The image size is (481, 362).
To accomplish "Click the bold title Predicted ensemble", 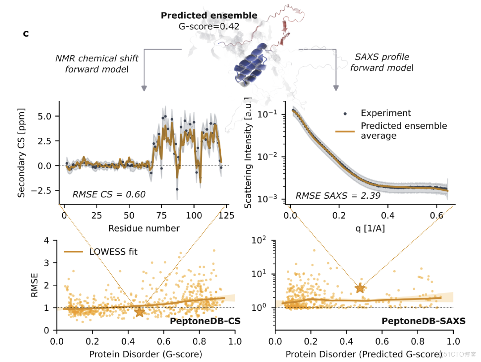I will pos(209,16).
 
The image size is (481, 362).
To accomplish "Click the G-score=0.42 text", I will pos(209,26).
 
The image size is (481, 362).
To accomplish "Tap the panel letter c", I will pos(26,33).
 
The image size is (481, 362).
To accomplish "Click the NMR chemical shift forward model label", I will pos(97,63).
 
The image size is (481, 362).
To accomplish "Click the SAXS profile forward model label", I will pos(382,62).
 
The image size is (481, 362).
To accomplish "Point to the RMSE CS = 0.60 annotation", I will pos(109,194).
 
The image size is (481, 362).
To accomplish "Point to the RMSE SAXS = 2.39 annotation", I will pos(338,195).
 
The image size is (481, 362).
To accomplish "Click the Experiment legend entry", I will pos(386,113).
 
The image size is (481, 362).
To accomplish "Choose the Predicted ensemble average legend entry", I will pos(404,130).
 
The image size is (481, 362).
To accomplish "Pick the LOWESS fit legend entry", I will pos(113,252).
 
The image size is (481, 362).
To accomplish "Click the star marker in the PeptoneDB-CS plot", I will pos(140,312).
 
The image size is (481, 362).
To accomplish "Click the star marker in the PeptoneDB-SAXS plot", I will pos(360,288).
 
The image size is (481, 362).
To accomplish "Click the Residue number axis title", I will pos(144,229).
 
